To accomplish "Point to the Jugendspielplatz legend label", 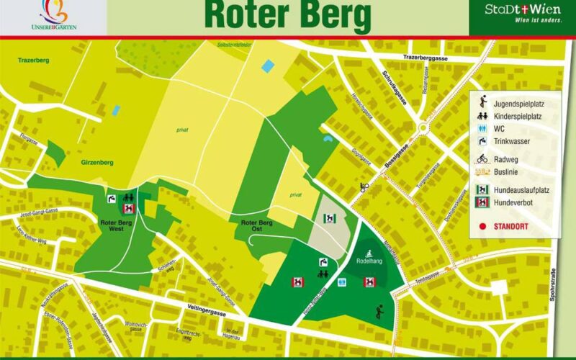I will (x=517, y=103).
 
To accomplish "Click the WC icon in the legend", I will (x=482, y=129).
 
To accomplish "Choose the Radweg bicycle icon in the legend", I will (x=482, y=159).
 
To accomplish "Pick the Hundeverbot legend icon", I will (x=482, y=203).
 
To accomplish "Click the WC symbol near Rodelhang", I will (x=341, y=282).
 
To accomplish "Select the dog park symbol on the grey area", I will (x=328, y=218).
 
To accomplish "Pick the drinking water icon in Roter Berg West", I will (x=112, y=198).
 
